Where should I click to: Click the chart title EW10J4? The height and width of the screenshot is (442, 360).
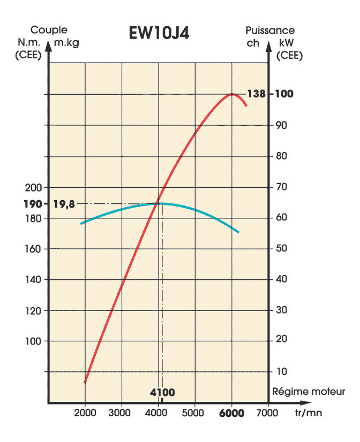coord(159,33)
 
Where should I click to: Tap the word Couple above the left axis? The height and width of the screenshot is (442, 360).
coord(49,30)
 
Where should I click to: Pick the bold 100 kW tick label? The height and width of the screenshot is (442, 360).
coord(284,94)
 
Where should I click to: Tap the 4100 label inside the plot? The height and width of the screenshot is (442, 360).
coord(162,392)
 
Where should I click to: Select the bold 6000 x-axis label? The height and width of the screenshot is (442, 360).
coord(231,413)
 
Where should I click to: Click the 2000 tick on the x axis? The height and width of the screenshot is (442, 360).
coord(85,413)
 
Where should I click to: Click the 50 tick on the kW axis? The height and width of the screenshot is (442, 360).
coord(281,248)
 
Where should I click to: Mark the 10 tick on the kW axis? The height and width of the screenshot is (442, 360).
coord(281,371)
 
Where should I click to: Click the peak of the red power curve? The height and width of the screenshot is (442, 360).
coord(231,94)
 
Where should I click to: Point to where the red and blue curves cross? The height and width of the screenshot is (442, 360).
coord(157,203)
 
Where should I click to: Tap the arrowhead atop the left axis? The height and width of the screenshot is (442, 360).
coord(49,45)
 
